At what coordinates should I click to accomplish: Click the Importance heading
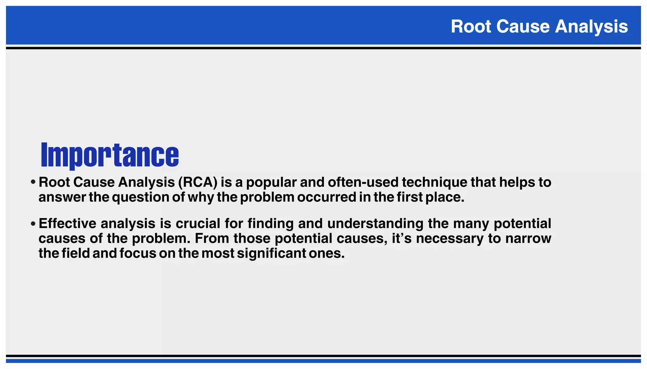pos(110,155)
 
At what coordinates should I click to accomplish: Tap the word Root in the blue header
pos(471,26)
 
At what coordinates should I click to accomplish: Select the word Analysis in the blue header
pos(591,26)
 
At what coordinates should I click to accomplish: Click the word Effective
pos(67,223)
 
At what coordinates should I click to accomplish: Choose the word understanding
pos(375,223)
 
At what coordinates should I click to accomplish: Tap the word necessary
pos(450,238)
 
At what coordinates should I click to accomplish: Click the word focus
pos(138,253)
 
